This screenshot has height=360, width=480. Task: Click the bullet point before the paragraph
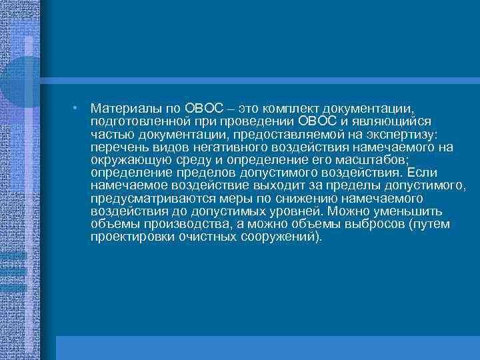pos(77,108)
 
